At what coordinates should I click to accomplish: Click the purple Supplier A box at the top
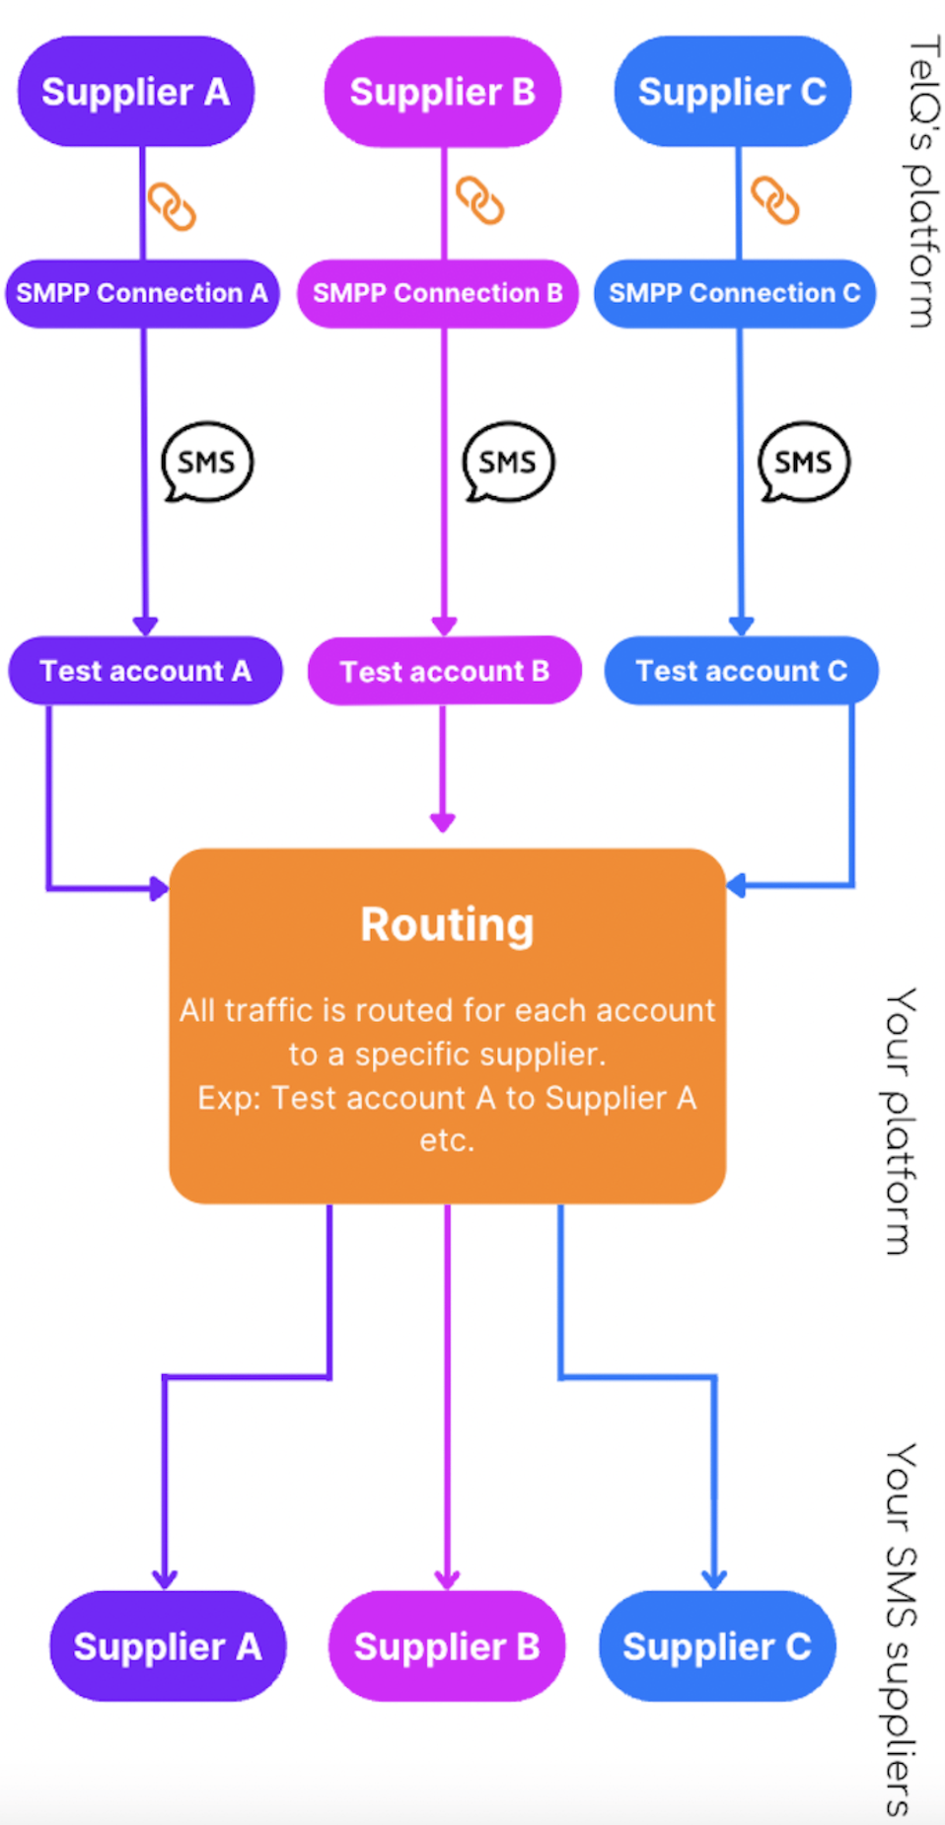tap(136, 92)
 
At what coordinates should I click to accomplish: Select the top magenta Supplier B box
tap(442, 92)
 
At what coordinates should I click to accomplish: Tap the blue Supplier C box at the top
tap(732, 92)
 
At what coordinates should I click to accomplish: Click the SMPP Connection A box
tap(142, 293)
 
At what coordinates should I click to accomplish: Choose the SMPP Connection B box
tap(438, 293)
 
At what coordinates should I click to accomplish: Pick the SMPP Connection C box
tap(735, 293)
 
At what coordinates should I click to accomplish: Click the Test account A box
tap(145, 671)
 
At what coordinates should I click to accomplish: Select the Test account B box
tap(444, 671)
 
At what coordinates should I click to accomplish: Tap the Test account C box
tap(741, 671)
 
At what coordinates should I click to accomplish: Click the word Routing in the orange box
tap(447, 924)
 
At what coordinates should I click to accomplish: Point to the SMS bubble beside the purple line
tap(207, 462)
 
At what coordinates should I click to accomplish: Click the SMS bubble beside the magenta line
tap(508, 462)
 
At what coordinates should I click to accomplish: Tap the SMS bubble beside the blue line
tap(803, 462)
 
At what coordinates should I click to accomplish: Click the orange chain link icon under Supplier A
tap(172, 206)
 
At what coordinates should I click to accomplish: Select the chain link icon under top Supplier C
tap(775, 200)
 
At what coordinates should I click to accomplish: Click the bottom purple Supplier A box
tap(168, 1645)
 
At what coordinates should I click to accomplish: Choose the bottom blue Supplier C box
tap(717, 1645)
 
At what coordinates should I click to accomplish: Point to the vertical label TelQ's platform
tap(921, 182)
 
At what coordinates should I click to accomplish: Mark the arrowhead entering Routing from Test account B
tap(443, 822)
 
